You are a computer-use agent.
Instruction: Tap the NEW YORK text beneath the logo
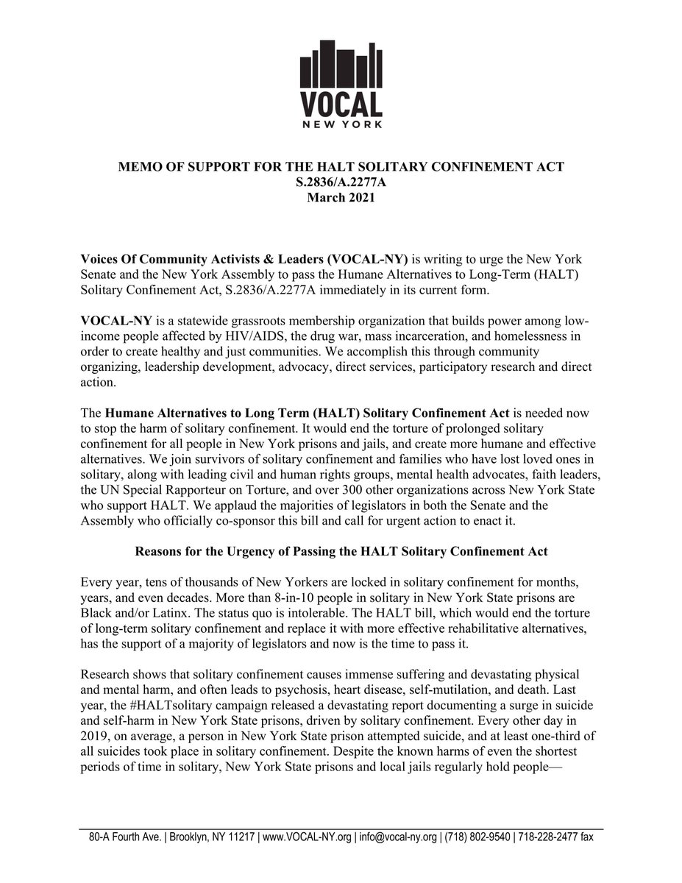coord(341,124)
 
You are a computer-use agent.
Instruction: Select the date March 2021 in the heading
coord(341,196)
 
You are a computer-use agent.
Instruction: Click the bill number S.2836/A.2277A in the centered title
coord(341,182)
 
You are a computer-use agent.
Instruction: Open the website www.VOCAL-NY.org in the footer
coord(306,837)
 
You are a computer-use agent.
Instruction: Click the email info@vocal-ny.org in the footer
coord(397,837)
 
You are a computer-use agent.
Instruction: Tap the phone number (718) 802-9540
coord(478,837)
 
